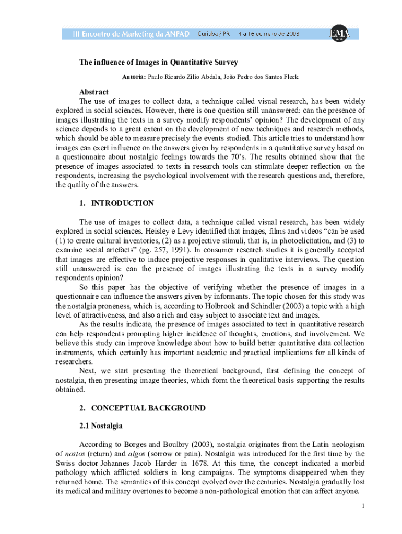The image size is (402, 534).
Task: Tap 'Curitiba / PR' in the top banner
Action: click(x=214, y=33)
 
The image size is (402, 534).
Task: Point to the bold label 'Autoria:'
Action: click(x=134, y=77)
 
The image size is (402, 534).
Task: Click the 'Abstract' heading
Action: click(x=94, y=92)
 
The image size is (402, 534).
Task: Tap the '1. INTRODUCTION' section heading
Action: click(x=116, y=203)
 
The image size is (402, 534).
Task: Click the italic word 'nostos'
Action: click(x=74, y=454)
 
